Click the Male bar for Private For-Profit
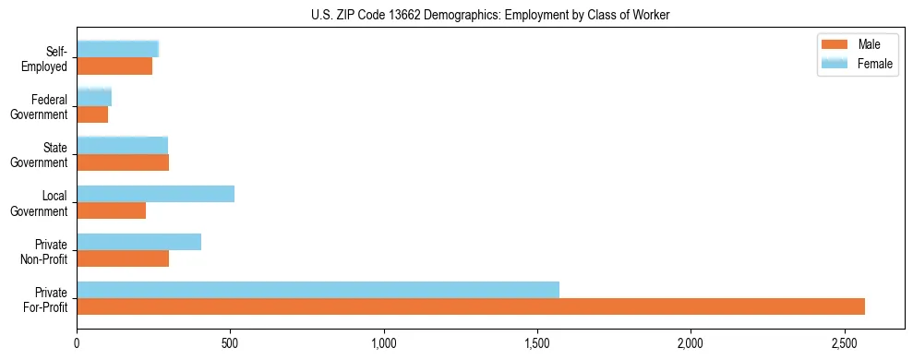click(x=471, y=306)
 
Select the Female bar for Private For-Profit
click(x=318, y=289)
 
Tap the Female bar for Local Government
click(x=155, y=194)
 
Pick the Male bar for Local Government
click(x=111, y=210)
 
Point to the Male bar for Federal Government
click(x=92, y=114)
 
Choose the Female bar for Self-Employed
click(x=117, y=49)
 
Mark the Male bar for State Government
click(x=123, y=162)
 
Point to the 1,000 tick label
click(x=384, y=343)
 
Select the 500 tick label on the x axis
click(x=230, y=343)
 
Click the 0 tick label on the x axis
click(x=77, y=343)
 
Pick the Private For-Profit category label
click(x=45, y=298)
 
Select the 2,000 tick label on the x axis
click(x=691, y=343)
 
